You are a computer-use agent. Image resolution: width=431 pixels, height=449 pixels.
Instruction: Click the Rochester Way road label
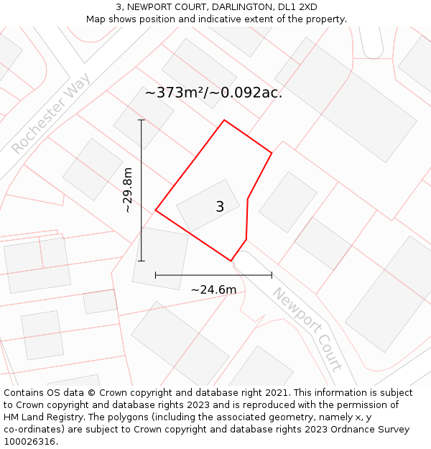[x=51, y=113]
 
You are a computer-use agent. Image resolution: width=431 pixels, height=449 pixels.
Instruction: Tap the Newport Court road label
[x=307, y=329]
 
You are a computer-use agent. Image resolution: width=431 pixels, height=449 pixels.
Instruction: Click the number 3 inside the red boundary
[x=220, y=207]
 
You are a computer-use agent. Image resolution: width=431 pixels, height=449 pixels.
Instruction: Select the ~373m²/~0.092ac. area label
[x=213, y=93]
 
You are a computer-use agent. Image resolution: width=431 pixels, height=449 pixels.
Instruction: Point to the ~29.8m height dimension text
[x=127, y=190]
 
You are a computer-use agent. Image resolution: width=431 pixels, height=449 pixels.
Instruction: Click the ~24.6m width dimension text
[x=213, y=290]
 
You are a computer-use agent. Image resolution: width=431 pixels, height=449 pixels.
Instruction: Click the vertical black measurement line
[x=142, y=190]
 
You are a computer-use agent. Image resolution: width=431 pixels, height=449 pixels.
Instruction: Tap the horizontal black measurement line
[x=213, y=274]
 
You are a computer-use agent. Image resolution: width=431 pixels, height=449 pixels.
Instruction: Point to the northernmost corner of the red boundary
[x=224, y=120]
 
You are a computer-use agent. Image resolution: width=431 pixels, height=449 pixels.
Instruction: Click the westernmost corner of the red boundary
[x=156, y=210]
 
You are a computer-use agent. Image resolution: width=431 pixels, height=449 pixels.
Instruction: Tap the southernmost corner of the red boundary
[x=231, y=261]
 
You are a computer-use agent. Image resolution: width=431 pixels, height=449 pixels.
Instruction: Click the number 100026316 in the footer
[x=29, y=442]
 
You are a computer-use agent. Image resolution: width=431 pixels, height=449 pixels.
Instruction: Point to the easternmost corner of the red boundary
[x=272, y=153]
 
